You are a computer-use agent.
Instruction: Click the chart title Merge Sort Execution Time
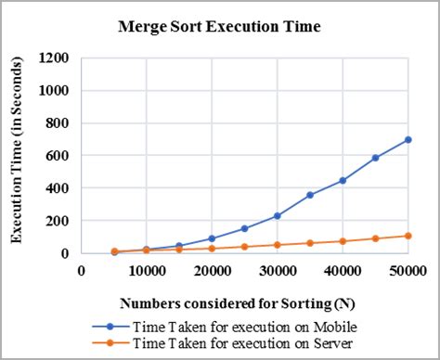(219, 27)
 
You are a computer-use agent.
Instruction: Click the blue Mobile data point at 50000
(408, 139)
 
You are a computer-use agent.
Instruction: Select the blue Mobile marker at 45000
(376, 158)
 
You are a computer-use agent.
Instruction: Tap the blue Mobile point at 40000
(343, 180)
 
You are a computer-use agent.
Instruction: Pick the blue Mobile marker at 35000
(310, 195)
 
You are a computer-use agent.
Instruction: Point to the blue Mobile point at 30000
(278, 215)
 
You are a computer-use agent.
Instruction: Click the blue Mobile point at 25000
(245, 228)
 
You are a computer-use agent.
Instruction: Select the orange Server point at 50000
(408, 236)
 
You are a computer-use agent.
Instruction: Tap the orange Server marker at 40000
(343, 241)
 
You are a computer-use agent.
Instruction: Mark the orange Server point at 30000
(278, 245)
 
